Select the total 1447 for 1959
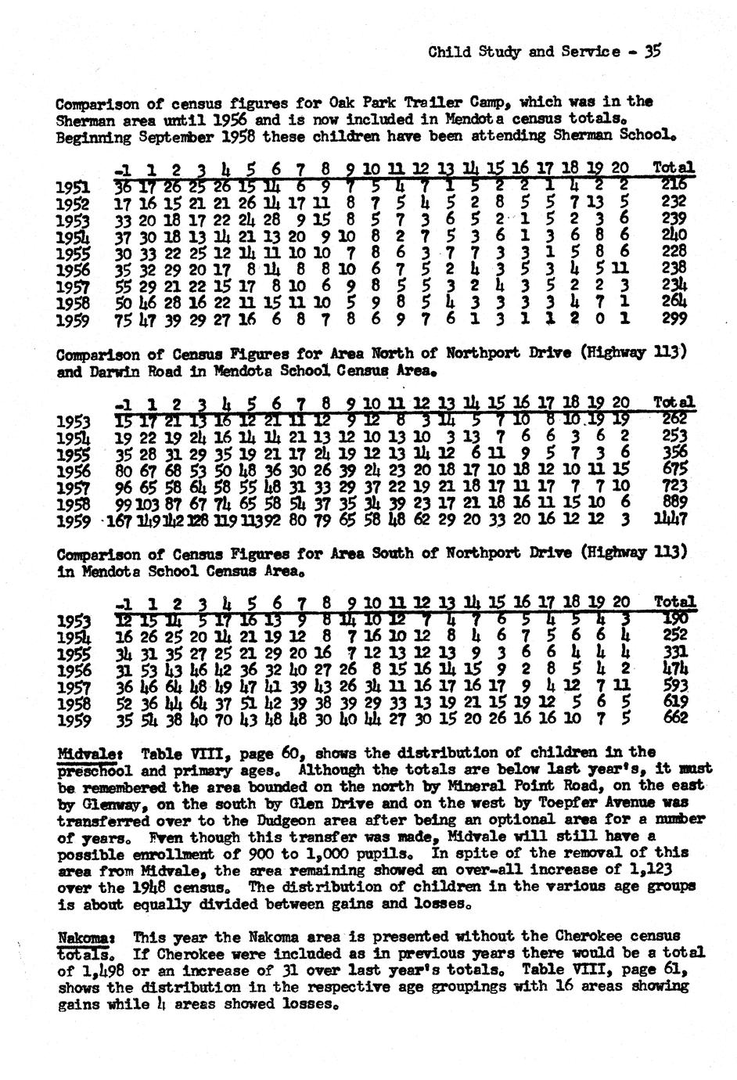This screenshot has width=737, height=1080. (x=673, y=519)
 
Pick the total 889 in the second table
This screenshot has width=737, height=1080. (x=674, y=502)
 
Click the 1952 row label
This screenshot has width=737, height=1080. (x=73, y=203)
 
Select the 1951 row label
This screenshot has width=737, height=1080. (x=73, y=186)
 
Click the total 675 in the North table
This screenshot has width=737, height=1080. (x=674, y=470)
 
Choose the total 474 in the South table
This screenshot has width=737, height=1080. (x=674, y=669)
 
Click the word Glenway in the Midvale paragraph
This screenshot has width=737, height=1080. (x=103, y=803)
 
